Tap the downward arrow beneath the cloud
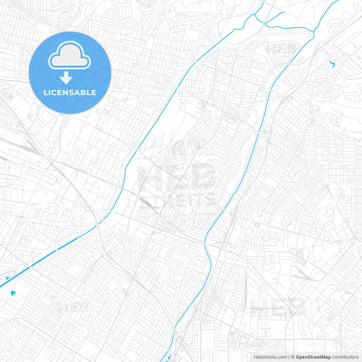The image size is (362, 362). [70, 78]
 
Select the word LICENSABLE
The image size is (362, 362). [70, 92]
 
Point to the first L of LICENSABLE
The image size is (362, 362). [46, 92]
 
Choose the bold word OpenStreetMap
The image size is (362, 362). [312, 357]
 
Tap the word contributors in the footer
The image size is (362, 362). [346, 357]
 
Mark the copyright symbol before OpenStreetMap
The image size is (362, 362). [293, 357]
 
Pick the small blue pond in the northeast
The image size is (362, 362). [332, 65]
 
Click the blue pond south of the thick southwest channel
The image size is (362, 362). [12, 293]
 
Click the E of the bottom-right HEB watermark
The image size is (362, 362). [278, 308]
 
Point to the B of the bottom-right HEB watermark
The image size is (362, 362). [297, 308]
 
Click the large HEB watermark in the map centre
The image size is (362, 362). [175, 178]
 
